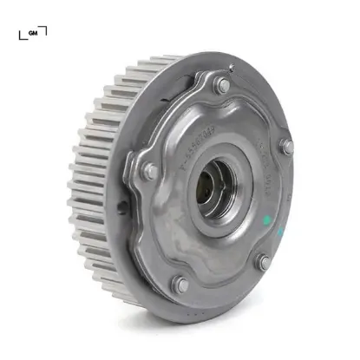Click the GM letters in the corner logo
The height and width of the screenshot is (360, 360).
(33, 33)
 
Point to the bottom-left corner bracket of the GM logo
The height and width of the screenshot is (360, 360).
(22, 36)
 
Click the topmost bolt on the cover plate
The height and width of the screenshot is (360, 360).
(223, 85)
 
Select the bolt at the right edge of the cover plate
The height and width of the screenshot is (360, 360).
(285, 147)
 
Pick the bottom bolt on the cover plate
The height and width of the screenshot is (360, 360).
(180, 284)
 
